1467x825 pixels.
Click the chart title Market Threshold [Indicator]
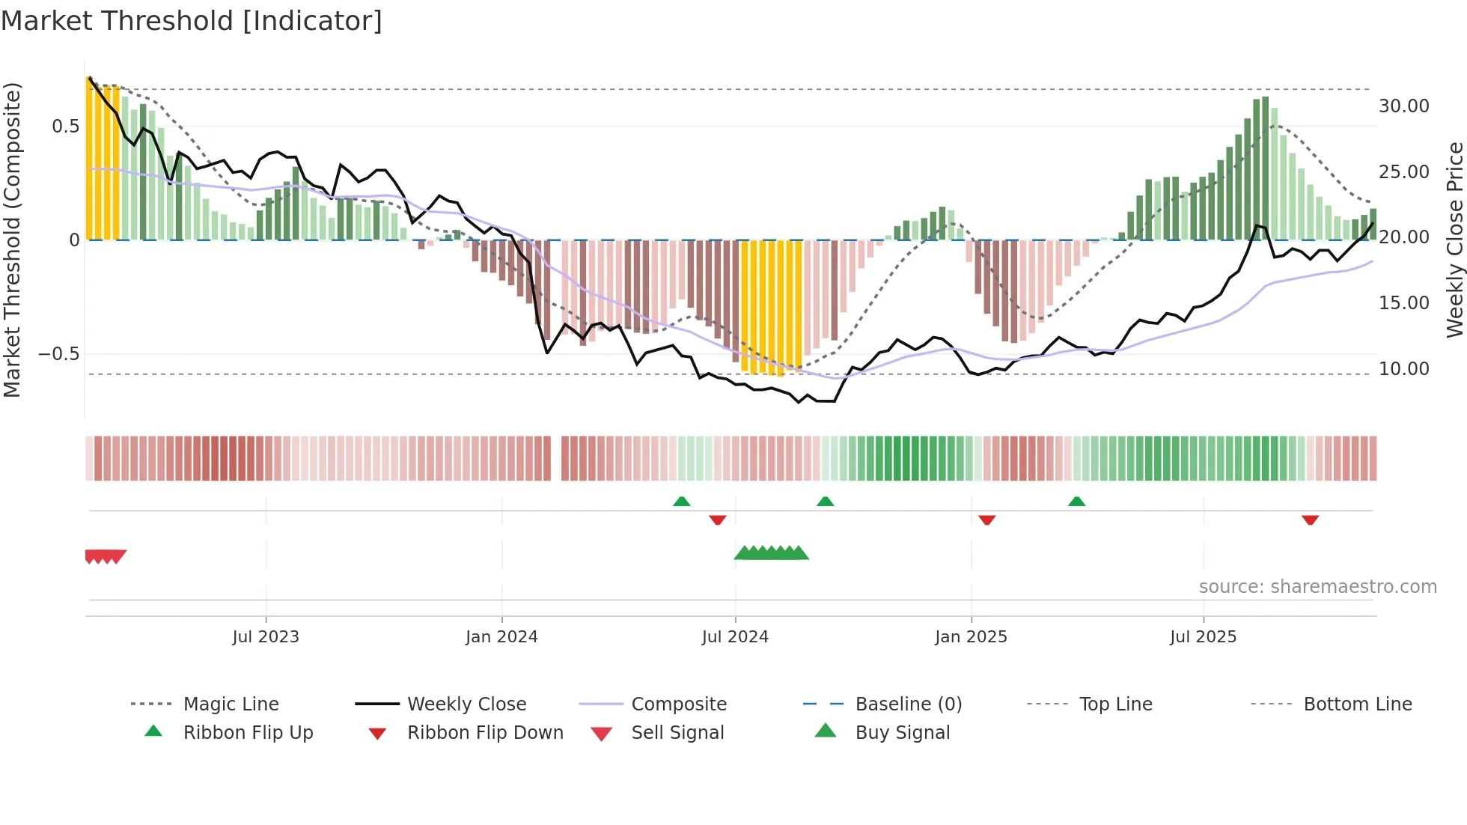tap(192, 21)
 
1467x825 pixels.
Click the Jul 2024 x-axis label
tap(735, 636)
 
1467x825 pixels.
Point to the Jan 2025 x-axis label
tap(971, 636)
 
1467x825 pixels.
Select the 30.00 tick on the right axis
tap(1403, 106)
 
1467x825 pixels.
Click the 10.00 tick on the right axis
tap(1403, 368)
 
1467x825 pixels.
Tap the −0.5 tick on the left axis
tap(59, 353)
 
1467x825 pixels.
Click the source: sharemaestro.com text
tap(1317, 586)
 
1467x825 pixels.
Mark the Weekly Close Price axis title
tap(1454, 240)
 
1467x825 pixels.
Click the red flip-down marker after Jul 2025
tap(1310, 520)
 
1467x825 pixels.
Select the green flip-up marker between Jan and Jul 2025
tap(1076, 502)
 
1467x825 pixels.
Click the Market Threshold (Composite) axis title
tap(12, 240)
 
